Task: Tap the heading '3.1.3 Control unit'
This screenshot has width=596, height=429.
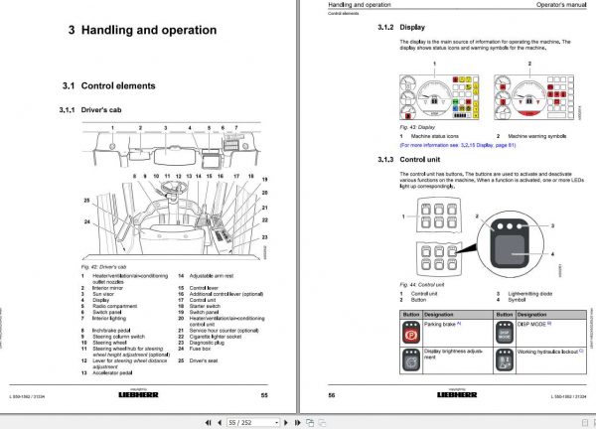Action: point(409,159)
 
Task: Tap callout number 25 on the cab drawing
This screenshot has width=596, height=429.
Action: point(86,202)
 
